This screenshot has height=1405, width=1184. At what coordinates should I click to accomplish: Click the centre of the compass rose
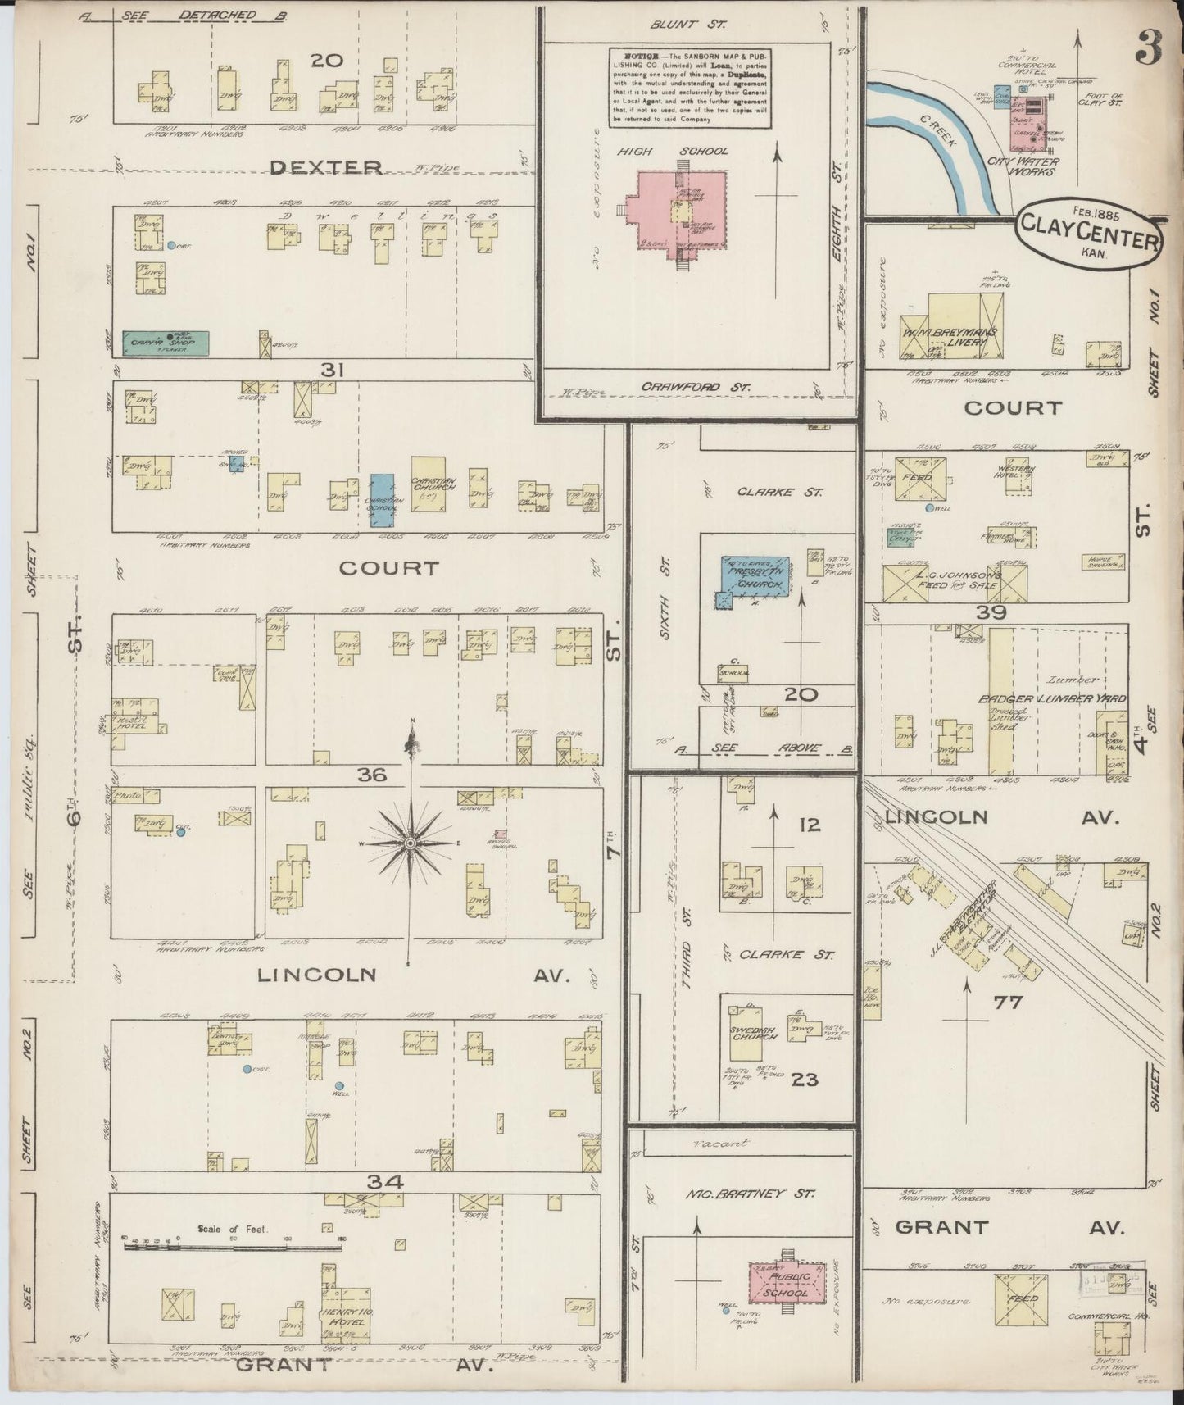(409, 843)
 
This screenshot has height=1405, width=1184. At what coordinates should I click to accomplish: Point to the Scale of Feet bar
(232, 1248)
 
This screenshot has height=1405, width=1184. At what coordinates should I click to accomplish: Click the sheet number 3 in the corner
(1149, 51)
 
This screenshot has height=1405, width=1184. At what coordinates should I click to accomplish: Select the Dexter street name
(325, 167)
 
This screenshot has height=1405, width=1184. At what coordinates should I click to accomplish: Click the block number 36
(372, 774)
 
